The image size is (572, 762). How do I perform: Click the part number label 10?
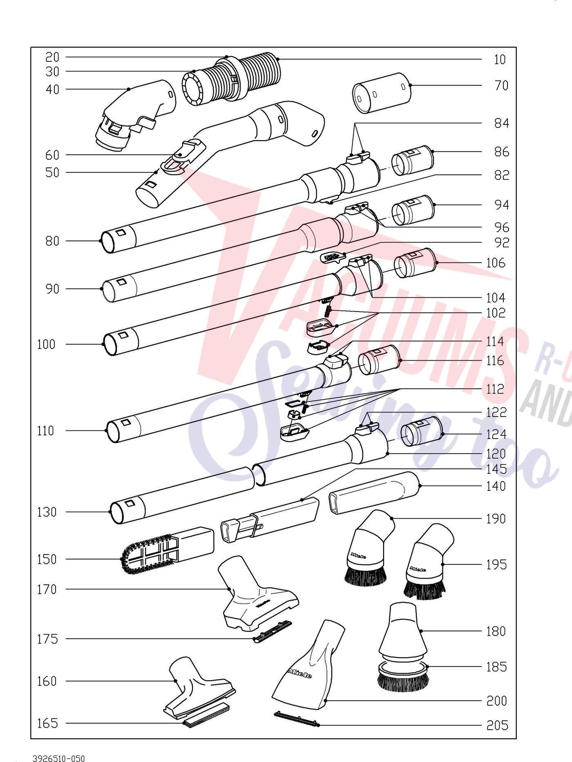(x=500, y=60)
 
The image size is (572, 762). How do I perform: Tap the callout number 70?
(x=501, y=86)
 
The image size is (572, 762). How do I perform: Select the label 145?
(x=496, y=469)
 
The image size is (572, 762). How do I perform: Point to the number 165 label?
(x=47, y=723)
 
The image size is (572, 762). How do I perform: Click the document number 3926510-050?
(x=59, y=758)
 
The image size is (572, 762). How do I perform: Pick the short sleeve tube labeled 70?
(x=382, y=93)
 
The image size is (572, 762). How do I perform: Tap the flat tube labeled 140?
(x=374, y=493)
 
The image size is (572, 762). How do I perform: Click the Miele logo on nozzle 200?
(x=300, y=673)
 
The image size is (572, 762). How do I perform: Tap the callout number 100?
(x=46, y=344)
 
